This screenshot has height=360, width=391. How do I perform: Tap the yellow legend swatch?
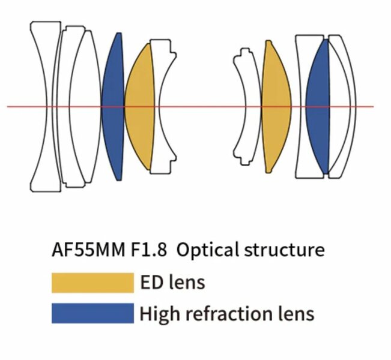(x=92, y=282)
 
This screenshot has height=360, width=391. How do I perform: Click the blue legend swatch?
(x=92, y=313)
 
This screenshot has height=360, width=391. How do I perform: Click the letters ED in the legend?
(x=152, y=282)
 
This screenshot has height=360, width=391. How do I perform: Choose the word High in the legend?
(x=160, y=313)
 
